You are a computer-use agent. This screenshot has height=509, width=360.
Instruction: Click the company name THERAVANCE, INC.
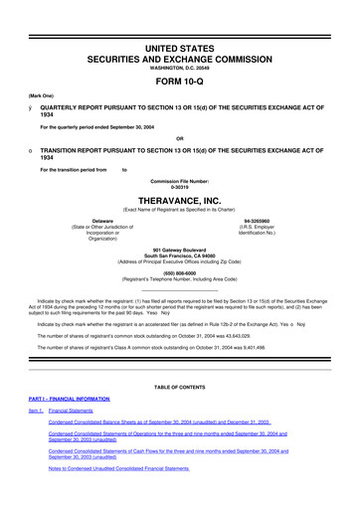(180, 197)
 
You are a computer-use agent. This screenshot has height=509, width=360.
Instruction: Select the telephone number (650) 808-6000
(180, 271)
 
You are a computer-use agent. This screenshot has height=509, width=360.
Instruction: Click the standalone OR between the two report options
(180, 137)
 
